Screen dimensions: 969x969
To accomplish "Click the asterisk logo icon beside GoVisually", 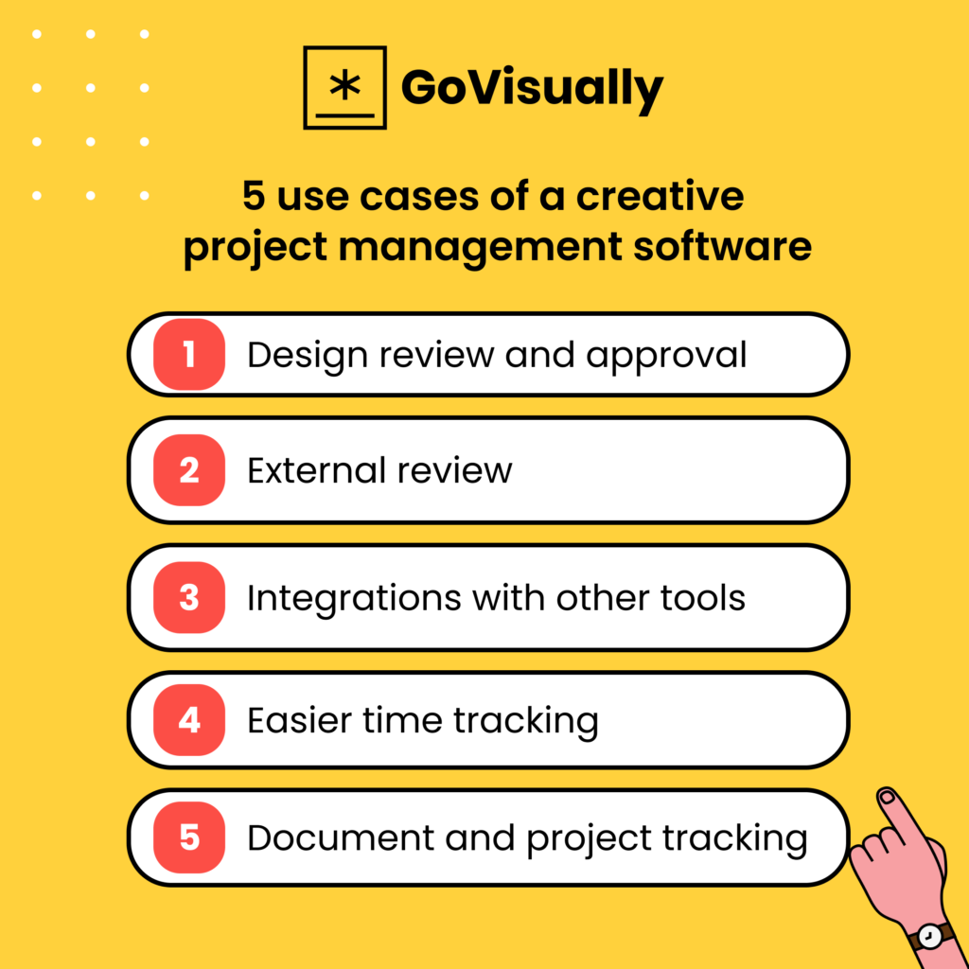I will click(344, 87).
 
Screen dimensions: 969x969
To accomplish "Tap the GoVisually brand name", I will click(532, 89).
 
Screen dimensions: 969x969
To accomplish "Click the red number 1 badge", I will click(189, 355).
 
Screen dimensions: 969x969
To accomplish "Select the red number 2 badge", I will click(189, 470).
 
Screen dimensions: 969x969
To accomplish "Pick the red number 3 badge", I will click(189, 597).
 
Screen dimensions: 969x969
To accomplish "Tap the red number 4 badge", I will click(189, 720).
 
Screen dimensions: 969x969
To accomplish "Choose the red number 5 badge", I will click(189, 837).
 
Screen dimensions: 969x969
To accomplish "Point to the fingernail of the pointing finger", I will click(887, 799).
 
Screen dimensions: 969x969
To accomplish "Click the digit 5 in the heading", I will click(253, 198).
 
